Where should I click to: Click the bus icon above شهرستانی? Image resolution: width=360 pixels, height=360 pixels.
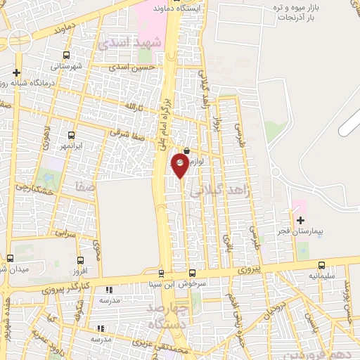pos(66,56)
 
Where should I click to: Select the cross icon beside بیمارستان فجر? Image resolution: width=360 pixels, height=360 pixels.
pos(300,220)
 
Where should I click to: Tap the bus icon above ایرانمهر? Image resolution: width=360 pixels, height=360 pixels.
pos(71,135)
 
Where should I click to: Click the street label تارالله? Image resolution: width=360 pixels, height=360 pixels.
pos(134,107)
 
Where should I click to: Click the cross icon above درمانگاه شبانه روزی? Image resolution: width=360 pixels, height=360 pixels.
pos(16,72)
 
